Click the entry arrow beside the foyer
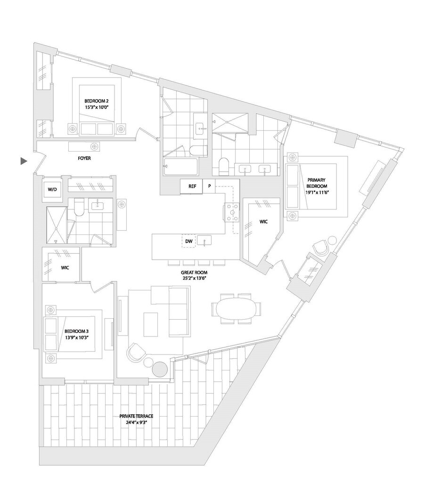[x=24, y=161]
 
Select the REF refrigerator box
[x=192, y=186]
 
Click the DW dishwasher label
[x=188, y=241]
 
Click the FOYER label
[x=84, y=159]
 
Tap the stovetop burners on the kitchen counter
[x=232, y=212]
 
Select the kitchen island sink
[x=204, y=241]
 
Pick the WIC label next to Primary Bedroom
[x=263, y=222]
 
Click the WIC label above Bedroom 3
[x=65, y=267]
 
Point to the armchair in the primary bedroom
[x=321, y=248]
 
